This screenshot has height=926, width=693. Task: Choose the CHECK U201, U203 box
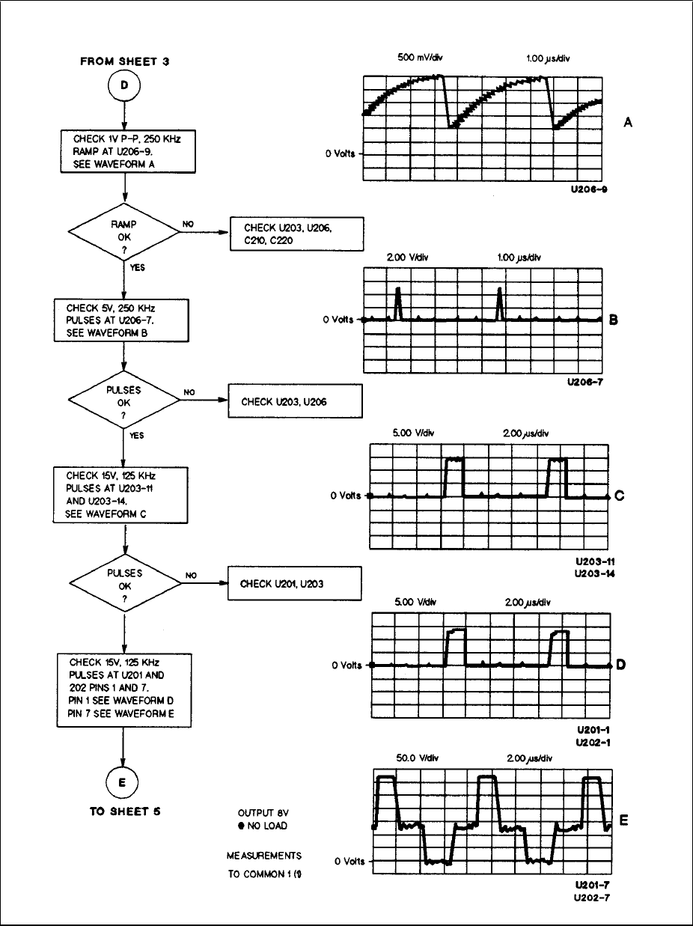pyautogui.click(x=295, y=583)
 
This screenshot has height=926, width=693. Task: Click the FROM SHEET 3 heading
pyautogui.click(x=124, y=62)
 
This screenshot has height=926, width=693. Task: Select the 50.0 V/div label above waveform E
pyautogui.click(x=415, y=758)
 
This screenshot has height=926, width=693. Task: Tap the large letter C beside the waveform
pyautogui.click(x=619, y=496)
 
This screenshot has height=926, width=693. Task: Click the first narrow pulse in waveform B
pyautogui.click(x=398, y=302)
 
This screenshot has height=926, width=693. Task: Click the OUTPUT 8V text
pyautogui.click(x=263, y=812)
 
